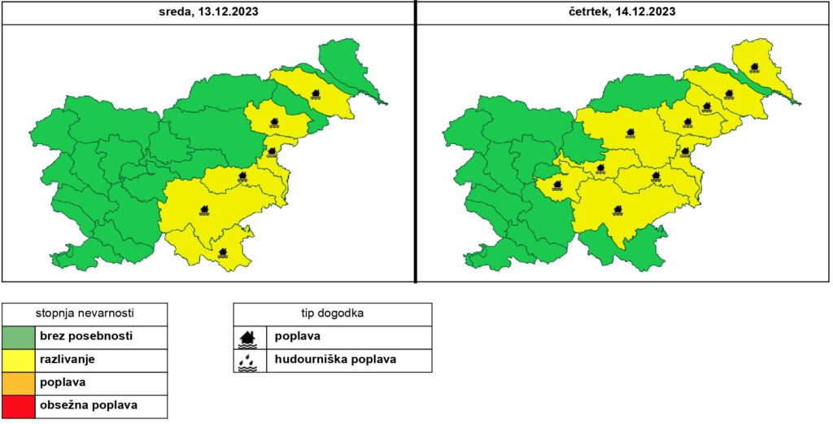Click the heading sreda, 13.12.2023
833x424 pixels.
pyautogui.click(x=208, y=11)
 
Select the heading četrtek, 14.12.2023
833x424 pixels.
pyautogui.click(x=623, y=11)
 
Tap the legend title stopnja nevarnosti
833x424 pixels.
pyautogui.click(x=85, y=313)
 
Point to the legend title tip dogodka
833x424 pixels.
pyautogui.click(x=332, y=313)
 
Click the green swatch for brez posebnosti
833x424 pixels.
pyautogui.click(x=19, y=336)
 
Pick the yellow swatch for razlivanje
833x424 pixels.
pyautogui.click(x=19, y=359)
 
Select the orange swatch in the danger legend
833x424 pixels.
pyautogui.click(x=19, y=382)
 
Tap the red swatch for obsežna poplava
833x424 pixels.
pyautogui.click(x=19, y=405)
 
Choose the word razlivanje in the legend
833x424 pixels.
pyautogui.click(x=67, y=359)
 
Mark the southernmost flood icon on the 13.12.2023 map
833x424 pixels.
pyautogui.click(x=223, y=253)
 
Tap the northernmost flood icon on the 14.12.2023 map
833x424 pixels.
pyautogui.click(x=755, y=68)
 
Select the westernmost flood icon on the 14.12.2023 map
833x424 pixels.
pyautogui.click(x=557, y=185)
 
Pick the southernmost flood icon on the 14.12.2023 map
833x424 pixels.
pyautogui.click(x=618, y=211)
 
